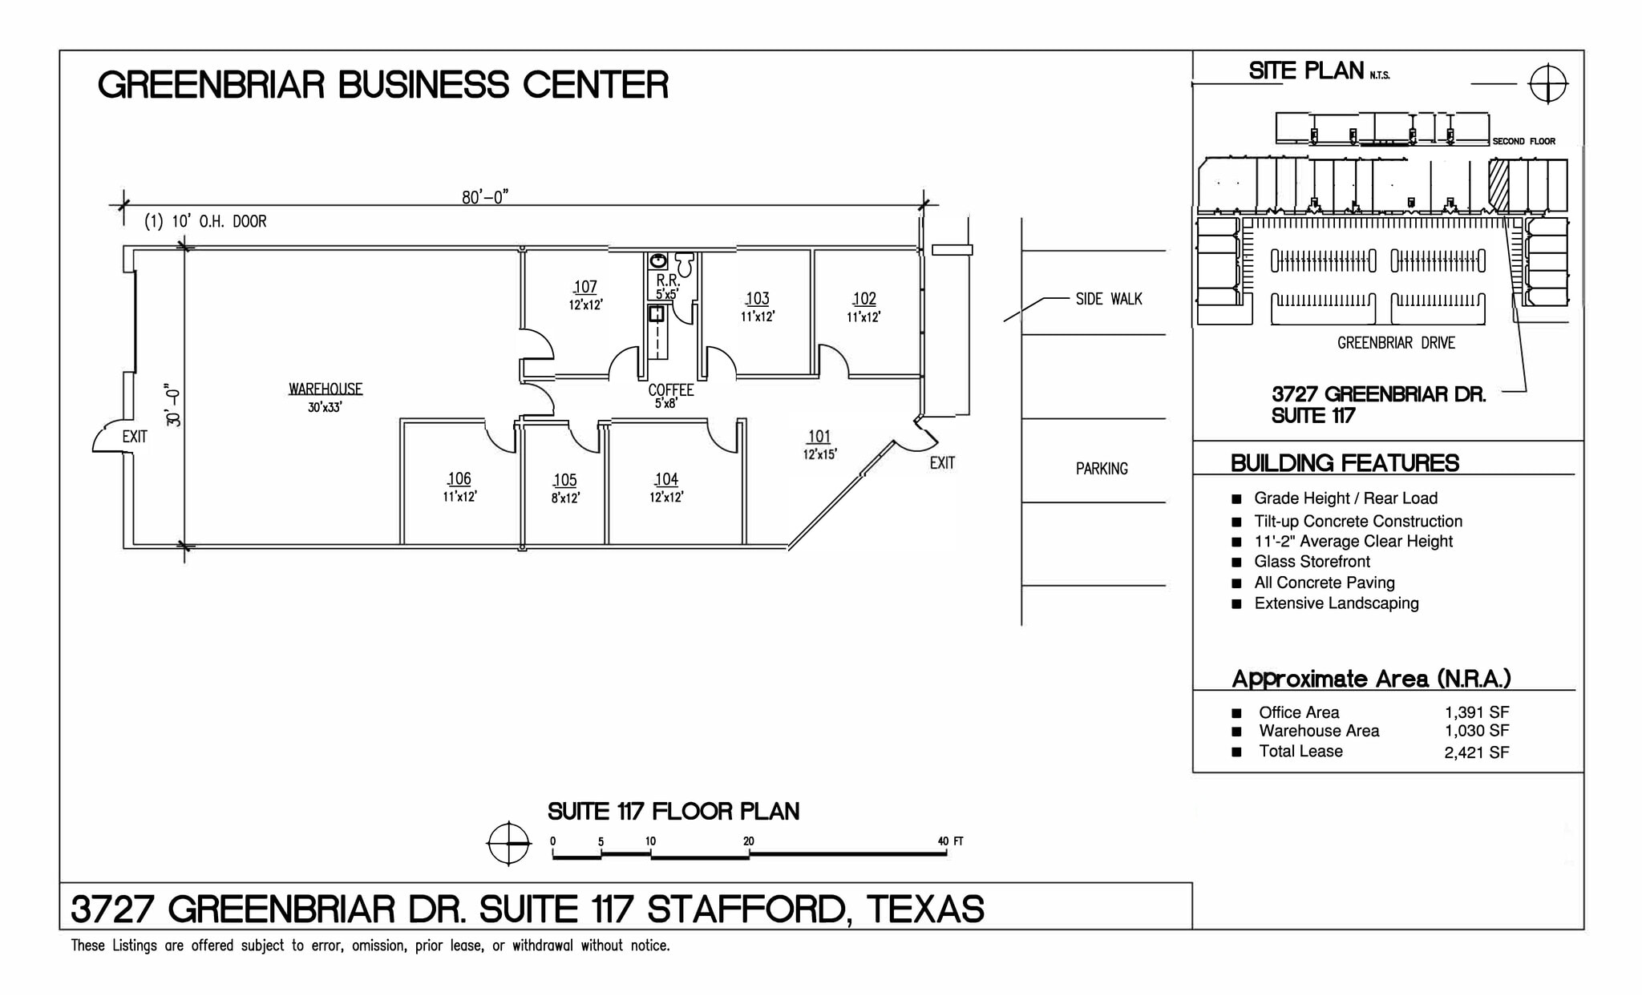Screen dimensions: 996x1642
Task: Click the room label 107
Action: click(x=585, y=287)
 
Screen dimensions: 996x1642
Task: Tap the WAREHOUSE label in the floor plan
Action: click(x=326, y=389)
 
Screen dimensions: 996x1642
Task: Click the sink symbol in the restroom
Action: click(x=658, y=260)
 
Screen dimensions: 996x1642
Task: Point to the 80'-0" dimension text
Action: click(x=485, y=197)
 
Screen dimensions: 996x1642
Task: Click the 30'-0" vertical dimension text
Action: click(x=173, y=407)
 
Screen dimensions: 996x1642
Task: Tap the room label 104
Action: click(x=666, y=479)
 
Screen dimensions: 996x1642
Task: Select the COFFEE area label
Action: click(x=671, y=391)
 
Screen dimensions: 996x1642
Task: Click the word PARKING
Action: click(x=1102, y=469)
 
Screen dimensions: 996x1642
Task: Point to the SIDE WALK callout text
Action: click(x=1109, y=299)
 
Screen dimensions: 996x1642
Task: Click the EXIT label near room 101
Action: click(x=942, y=463)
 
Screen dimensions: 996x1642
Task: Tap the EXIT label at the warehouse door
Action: click(x=135, y=437)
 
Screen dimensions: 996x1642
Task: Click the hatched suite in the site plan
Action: click(x=1498, y=185)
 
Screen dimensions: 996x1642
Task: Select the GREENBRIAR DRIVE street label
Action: click(x=1396, y=343)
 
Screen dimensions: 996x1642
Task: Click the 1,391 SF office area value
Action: click(x=1477, y=712)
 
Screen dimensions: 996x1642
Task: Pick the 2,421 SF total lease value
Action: click(x=1477, y=752)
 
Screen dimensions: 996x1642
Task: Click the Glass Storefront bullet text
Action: click(x=1312, y=562)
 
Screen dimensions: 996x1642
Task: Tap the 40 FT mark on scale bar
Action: click(x=950, y=841)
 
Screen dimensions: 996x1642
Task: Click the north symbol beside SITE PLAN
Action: click(x=1547, y=83)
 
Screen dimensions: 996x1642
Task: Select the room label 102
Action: click(x=864, y=299)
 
